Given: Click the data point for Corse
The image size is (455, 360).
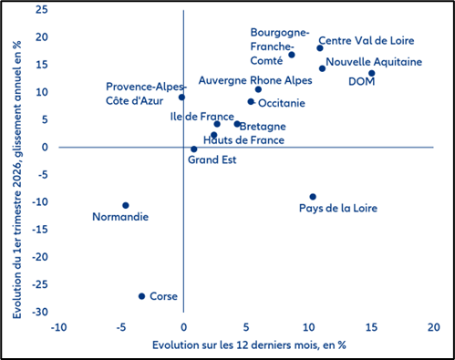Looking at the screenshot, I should pyautogui.click(x=141, y=296).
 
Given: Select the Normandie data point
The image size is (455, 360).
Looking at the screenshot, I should pyautogui.click(x=126, y=205).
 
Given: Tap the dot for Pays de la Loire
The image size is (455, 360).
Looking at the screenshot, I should pyautogui.click(x=313, y=197).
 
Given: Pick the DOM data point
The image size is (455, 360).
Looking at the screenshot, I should pyautogui.click(x=372, y=74).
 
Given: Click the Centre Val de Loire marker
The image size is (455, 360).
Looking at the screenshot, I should pyautogui.click(x=320, y=48).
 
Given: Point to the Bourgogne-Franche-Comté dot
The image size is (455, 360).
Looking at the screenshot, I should pyautogui.click(x=292, y=55).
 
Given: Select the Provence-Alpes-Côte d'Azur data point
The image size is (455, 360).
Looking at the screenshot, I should pyautogui.click(x=181, y=98).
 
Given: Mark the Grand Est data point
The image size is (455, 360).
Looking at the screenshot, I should pyautogui.click(x=193, y=149).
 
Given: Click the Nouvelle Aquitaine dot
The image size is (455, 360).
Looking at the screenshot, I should pyautogui.click(x=322, y=68).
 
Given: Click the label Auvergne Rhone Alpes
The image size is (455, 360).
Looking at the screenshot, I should pyautogui.click(x=255, y=80).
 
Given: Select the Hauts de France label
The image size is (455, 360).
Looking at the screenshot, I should pyautogui.click(x=243, y=140).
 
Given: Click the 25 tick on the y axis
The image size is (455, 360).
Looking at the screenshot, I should pyautogui.click(x=39, y=10).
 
